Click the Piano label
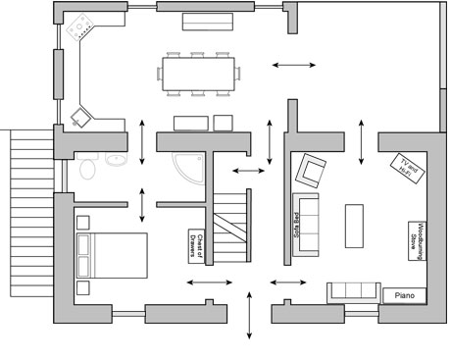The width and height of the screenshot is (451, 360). [x=405, y=295]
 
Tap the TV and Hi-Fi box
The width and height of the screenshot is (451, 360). [x=408, y=169]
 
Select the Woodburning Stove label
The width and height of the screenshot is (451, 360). [x=418, y=241]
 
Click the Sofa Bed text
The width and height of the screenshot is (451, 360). [x=296, y=226]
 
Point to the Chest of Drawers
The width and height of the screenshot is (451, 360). [x=196, y=246]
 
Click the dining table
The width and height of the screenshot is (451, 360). [x=198, y=75]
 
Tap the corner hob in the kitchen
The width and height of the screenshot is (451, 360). [x=80, y=26]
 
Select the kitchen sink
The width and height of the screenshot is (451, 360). [x=80, y=118]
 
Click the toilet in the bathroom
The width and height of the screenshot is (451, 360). [x=87, y=166]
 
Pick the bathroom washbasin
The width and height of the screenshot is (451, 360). [x=116, y=159]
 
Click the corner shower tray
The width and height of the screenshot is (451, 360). [x=188, y=169]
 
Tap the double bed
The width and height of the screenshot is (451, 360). [x=112, y=255]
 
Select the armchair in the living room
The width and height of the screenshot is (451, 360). [x=311, y=171]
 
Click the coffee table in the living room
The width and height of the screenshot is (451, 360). [x=354, y=226]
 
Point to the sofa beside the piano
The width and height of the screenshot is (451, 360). [x=354, y=293]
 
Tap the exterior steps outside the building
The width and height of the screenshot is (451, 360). [x=31, y=213]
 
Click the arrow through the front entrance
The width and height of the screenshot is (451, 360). [x=249, y=316]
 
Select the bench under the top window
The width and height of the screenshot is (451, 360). [x=208, y=22]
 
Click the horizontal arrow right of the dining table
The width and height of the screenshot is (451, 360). [x=294, y=65]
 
